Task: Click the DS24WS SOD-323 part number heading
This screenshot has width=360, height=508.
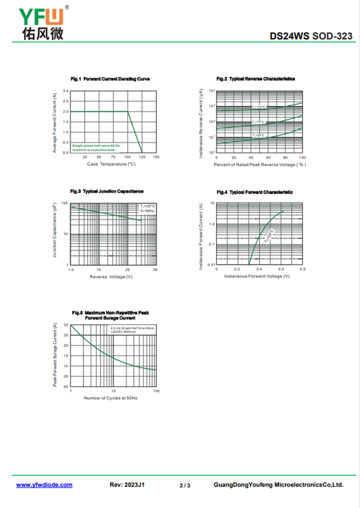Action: (x=311, y=36)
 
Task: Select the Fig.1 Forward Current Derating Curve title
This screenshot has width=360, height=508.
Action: (x=110, y=79)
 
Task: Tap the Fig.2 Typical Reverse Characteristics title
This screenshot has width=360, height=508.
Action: (x=256, y=79)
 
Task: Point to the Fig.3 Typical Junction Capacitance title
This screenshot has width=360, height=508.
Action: (x=107, y=192)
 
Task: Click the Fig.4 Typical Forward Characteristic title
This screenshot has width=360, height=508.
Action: (x=255, y=192)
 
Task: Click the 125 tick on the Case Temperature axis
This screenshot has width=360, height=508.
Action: (x=142, y=157)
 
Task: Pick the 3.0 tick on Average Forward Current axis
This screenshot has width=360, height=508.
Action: (x=66, y=91)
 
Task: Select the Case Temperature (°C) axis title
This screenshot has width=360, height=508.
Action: (x=111, y=164)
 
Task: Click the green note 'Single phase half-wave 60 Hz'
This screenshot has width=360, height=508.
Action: (x=96, y=146)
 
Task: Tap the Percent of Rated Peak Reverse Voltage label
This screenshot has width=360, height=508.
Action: (x=260, y=165)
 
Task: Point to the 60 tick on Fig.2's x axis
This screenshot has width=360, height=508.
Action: (x=268, y=158)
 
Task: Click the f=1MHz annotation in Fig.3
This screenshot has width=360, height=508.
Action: (x=147, y=211)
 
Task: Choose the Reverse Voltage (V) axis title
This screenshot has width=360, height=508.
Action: (x=111, y=276)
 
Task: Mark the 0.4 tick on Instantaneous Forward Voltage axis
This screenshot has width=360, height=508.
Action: (x=259, y=269)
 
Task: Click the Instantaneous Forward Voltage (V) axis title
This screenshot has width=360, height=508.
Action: (x=256, y=276)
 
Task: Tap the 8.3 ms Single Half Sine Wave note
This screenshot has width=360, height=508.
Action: (x=132, y=329)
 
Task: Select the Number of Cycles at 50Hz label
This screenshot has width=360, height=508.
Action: (x=111, y=398)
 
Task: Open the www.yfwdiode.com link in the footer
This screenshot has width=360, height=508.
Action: (x=44, y=485)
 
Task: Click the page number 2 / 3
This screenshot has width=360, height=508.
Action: (x=185, y=486)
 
